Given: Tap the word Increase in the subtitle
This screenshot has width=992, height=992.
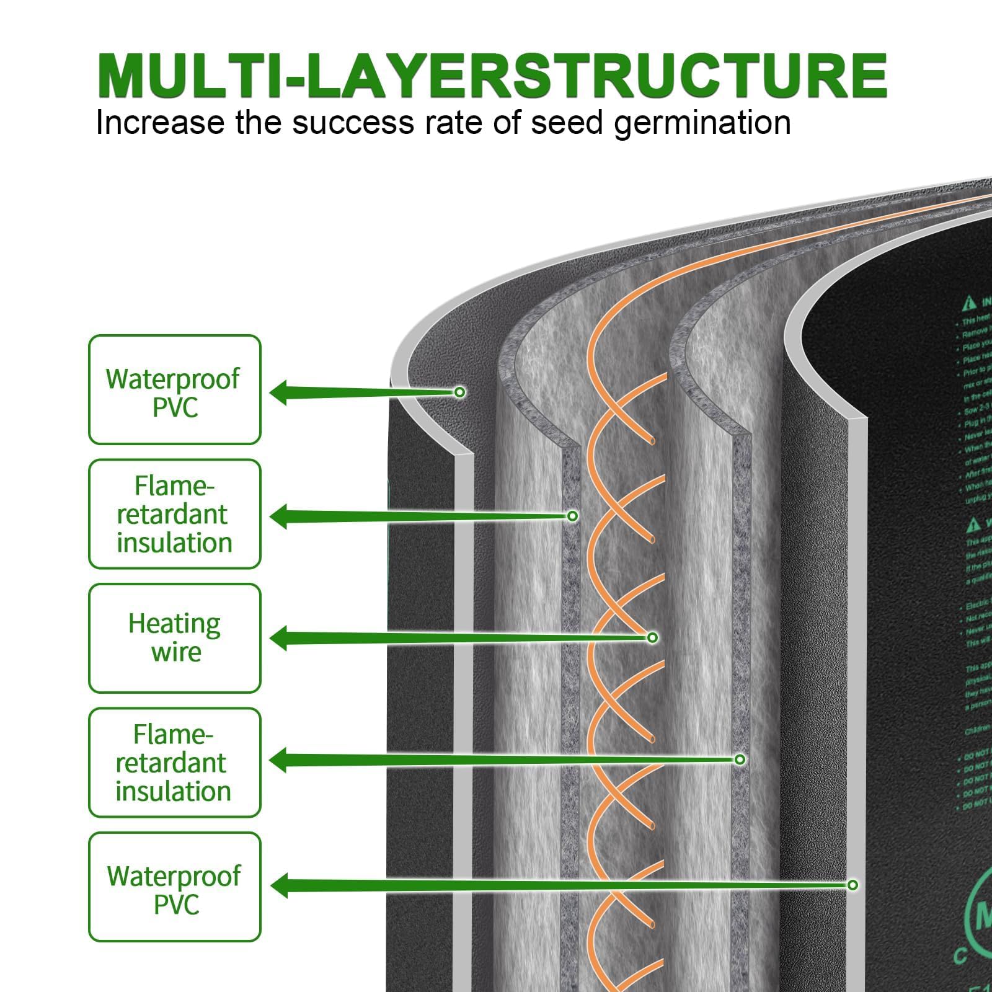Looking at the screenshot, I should [159, 122].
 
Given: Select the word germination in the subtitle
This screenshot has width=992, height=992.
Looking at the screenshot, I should [702, 123].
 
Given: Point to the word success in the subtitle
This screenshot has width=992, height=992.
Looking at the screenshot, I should [353, 122].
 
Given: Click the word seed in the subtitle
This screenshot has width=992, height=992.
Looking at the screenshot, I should [567, 122].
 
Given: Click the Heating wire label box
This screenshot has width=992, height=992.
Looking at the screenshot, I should [174, 638].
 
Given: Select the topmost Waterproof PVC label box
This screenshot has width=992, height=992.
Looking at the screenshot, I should [174, 390].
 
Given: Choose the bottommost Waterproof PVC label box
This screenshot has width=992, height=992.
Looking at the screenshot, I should [174, 887].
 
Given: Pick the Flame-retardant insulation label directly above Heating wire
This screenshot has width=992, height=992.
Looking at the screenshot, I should [174, 514].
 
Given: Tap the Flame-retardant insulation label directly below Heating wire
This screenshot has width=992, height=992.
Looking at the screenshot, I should [174, 763].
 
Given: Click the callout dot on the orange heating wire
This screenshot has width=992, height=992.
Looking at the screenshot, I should [652, 637].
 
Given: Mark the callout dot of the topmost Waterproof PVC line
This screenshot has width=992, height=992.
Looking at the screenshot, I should [459, 392].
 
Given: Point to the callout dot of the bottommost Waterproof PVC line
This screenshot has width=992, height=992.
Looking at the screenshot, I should [852, 885].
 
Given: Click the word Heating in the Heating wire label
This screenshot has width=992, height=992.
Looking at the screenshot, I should [174, 624].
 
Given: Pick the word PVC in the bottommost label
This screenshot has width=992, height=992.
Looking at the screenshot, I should [176, 905].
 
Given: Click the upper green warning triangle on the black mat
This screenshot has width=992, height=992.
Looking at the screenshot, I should [969, 303].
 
